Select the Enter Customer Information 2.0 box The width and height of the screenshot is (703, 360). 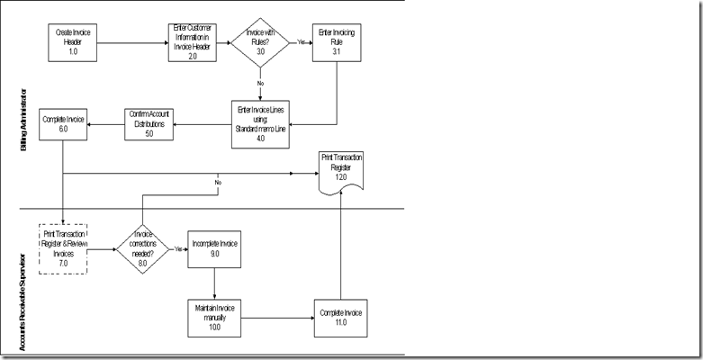click(193, 41)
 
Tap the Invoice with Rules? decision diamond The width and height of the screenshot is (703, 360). click(259, 40)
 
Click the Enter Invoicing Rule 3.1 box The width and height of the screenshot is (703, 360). click(337, 41)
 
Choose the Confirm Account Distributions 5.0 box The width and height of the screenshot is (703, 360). click(148, 123)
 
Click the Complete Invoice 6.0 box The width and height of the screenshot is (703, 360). click(64, 123)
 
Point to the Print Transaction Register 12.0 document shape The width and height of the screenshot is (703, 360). click(341, 170)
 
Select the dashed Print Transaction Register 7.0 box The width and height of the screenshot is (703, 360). click(63, 247)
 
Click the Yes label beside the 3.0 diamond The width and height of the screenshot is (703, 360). click(302, 41)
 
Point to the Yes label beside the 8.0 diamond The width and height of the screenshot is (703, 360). click(178, 248)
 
